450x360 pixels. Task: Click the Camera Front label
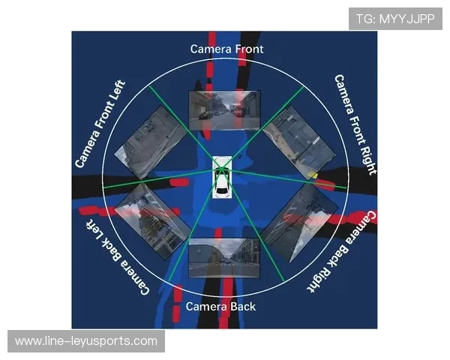click(x=226, y=49)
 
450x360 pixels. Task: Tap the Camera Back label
click(x=220, y=307)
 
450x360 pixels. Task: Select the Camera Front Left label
click(x=100, y=124)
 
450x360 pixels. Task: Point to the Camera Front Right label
click(x=355, y=124)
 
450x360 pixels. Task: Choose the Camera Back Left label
click(x=118, y=257)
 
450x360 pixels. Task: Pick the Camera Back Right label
click(x=342, y=251)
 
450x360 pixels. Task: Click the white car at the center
click(x=222, y=177)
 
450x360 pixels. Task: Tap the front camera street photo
click(x=224, y=110)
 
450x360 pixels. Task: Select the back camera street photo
click(x=223, y=258)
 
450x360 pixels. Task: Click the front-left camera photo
click(x=151, y=143)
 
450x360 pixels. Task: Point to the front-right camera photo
click(x=299, y=142)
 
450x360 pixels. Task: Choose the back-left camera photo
click(x=153, y=221)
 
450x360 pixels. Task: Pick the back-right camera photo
click(x=299, y=223)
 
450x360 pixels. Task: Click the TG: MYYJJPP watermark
click(x=395, y=19)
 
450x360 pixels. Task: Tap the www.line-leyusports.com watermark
click(x=86, y=341)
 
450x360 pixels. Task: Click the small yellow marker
click(x=312, y=175)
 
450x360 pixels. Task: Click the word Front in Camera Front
click(x=249, y=49)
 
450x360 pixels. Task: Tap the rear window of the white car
click(x=221, y=190)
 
